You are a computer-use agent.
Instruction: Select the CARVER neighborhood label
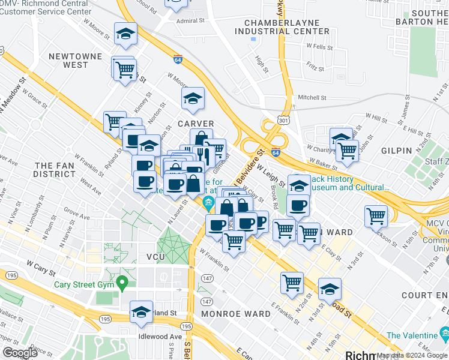pos(196,124)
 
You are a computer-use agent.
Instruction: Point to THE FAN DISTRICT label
pos(55,169)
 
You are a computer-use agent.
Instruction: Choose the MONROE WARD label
pos(236,314)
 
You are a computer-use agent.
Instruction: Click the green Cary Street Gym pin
pos(122,281)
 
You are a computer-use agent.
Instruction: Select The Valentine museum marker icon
pos(444,333)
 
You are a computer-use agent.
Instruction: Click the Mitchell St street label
pos(312,97)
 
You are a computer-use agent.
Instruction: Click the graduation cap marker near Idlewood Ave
pos(141,313)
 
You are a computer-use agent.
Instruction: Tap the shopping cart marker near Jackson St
pos(376,216)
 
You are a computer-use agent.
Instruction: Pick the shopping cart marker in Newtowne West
pos(124,70)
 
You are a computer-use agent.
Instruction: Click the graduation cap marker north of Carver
pos(193,99)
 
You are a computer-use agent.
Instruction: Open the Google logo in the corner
pos(19,353)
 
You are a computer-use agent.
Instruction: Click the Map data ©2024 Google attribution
pos(411,355)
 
